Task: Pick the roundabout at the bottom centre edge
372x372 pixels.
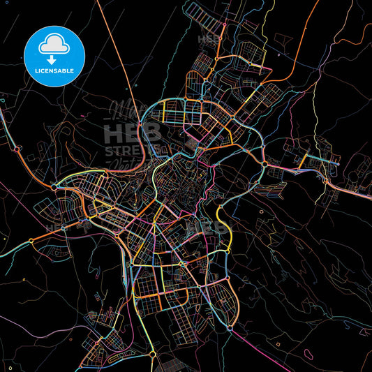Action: coord(153,355)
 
